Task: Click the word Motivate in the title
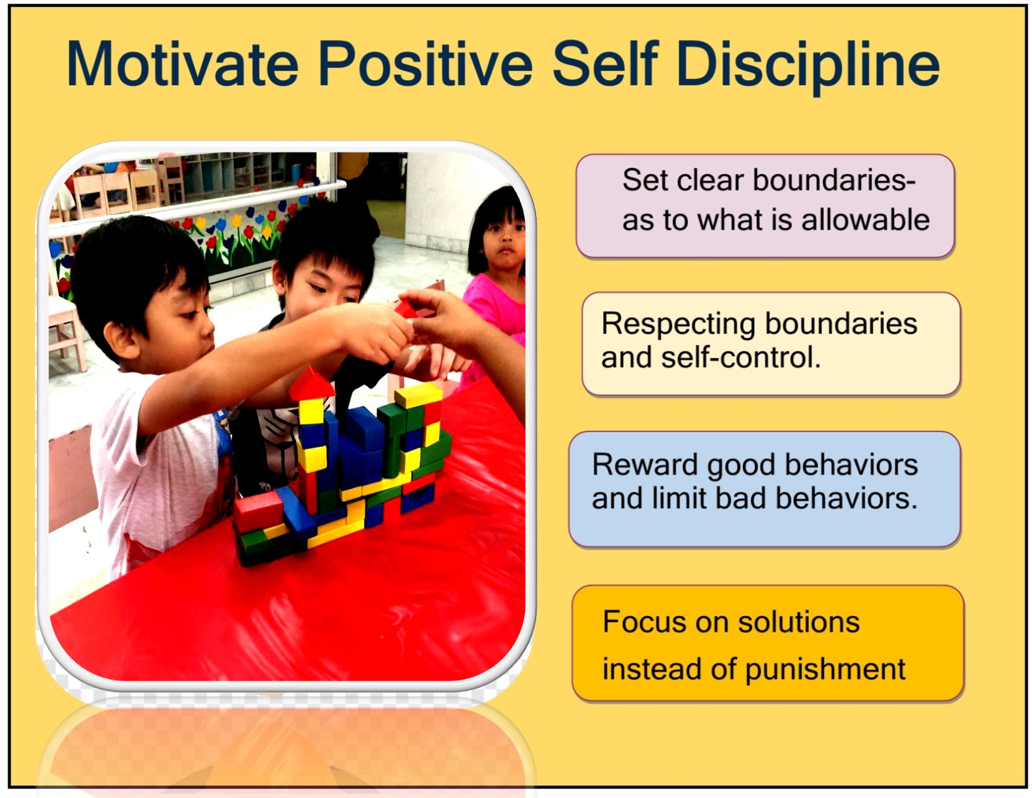[183, 64]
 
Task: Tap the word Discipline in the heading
[807, 66]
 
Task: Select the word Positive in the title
[425, 64]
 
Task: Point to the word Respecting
[678, 325]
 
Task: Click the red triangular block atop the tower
[310, 382]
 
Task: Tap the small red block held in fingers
[406, 309]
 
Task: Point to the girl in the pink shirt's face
[503, 238]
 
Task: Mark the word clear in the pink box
[710, 180]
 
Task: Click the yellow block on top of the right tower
[418, 394]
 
